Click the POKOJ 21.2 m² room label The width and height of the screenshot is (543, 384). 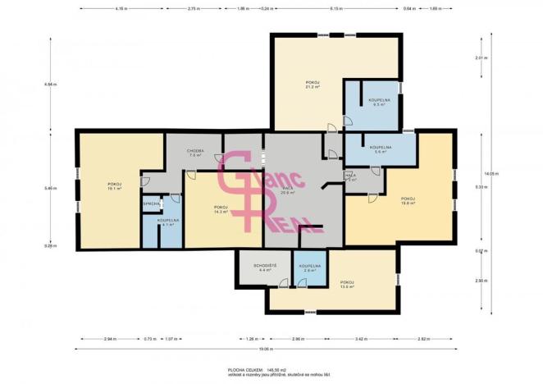click(x=312, y=85)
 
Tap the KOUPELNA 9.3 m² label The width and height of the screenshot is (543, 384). click(x=379, y=103)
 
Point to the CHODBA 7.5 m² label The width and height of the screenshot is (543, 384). click(x=194, y=153)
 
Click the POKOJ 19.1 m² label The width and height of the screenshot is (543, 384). click(x=114, y=185)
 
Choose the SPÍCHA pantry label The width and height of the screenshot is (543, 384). click(x=151, y=203)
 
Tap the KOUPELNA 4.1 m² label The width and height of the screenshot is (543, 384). click(x=168, y=222)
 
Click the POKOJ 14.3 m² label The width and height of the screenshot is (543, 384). click(x=220, y=208)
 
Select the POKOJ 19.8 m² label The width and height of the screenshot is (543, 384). click(x=408, y=200)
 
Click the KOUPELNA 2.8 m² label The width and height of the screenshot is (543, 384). click(x=309, y=267)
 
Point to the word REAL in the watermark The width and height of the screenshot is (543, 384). click(x=290, y=219)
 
